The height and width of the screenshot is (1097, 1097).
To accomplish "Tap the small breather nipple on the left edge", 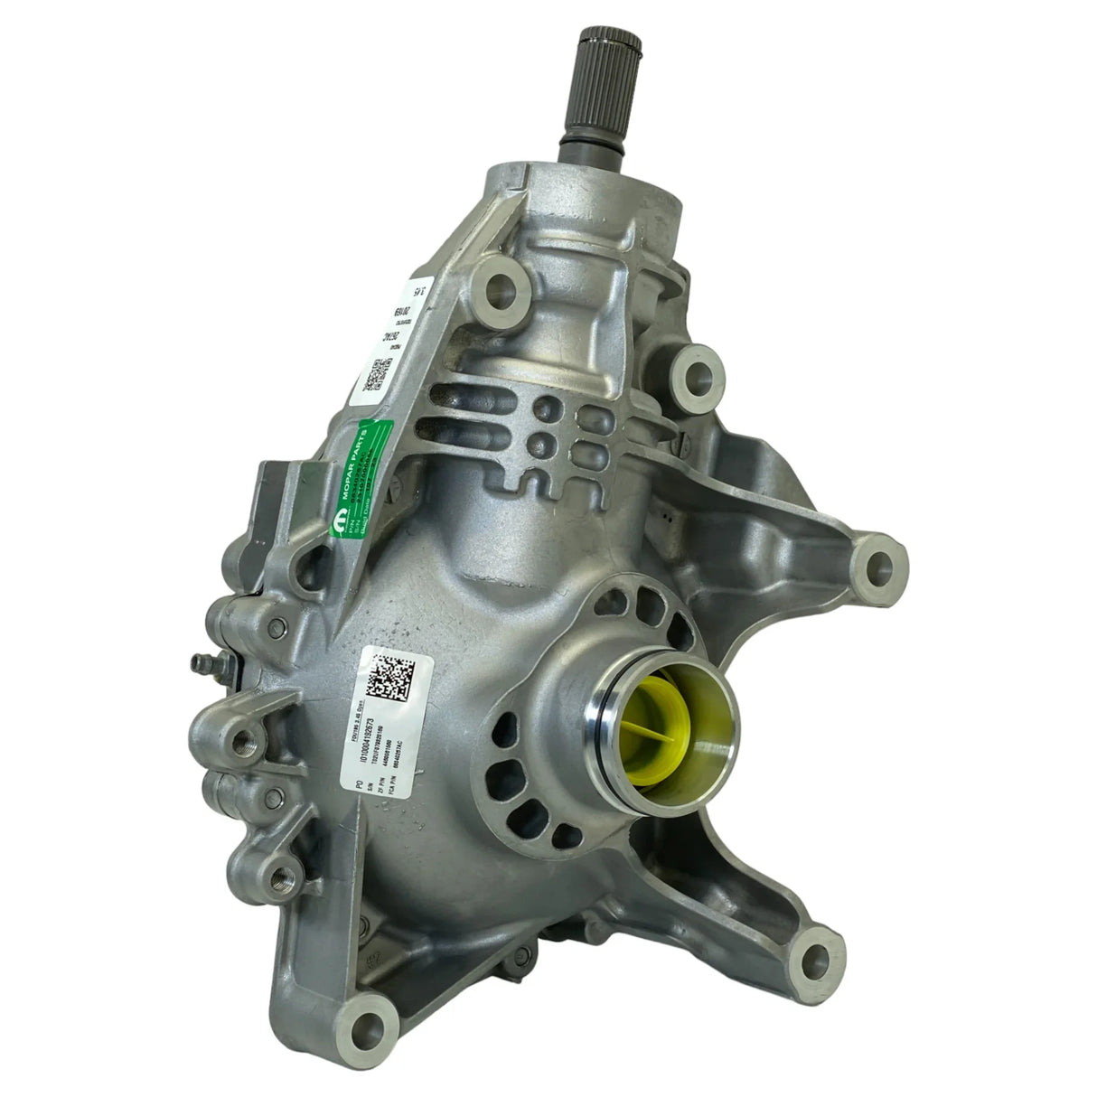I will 198,664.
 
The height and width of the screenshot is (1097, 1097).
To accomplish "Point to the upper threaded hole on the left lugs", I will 241,742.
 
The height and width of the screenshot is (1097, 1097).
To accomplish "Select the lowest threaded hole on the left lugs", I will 274,876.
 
